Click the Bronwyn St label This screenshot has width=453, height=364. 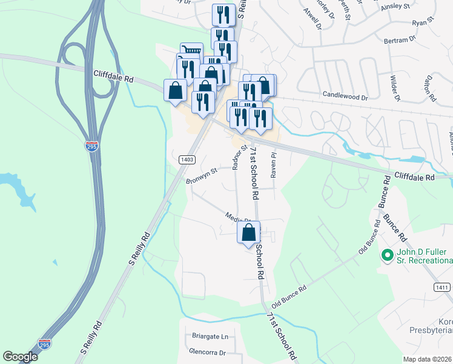click(x=200, y=175)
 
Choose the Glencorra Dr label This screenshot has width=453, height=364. click(x=207, y=352)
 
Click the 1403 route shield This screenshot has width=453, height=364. click(x=187, y=160)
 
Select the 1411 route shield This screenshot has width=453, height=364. click(x=443, y=286)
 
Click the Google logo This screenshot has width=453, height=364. click(x=20, y=357)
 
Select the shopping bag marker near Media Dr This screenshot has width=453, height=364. click(x=249, y=232)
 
